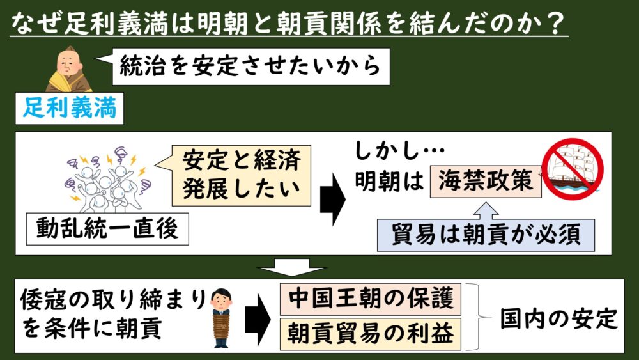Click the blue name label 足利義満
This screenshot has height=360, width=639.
[69, 109]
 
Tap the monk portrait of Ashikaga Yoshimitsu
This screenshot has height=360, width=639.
[68, 69]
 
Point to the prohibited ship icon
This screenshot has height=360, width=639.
[572, 169]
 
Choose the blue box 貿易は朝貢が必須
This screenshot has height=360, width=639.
[486, 235]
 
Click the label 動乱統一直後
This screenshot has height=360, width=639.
[107, 229]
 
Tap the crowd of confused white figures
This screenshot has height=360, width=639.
[109, 180]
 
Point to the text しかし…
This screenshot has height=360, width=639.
[400, 152]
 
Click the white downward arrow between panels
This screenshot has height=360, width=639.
[292, 267]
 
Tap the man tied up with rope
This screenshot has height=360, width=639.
[222, 318]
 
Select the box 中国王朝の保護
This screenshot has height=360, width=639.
[371, 299]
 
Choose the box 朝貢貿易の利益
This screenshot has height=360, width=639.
[371, 334]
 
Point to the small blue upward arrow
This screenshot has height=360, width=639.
[486, 210]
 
